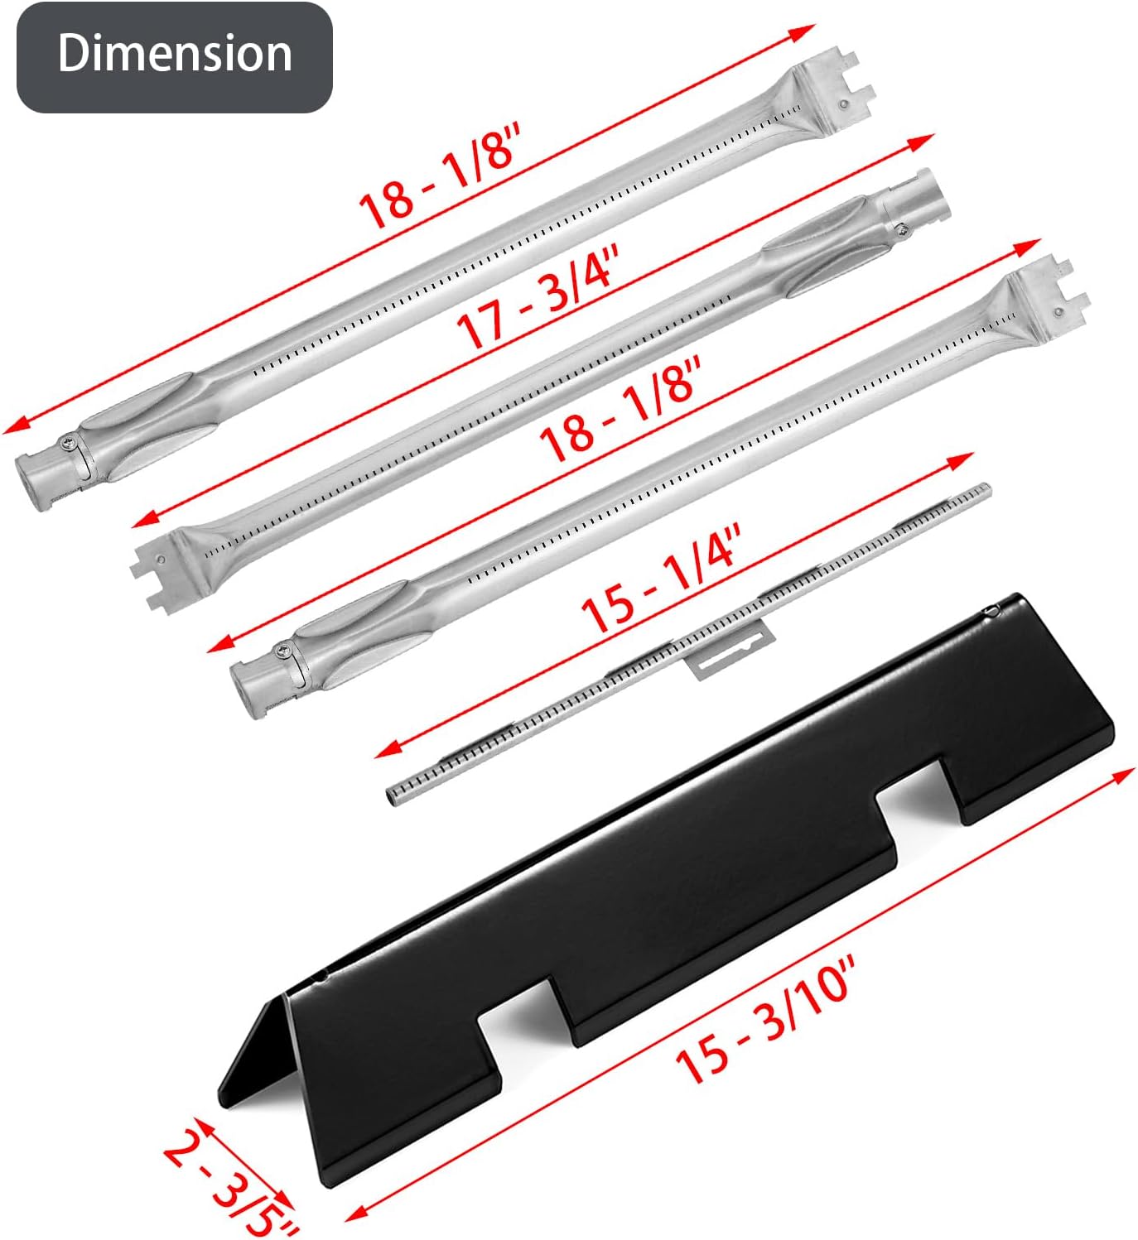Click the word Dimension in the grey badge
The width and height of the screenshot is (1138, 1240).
175,54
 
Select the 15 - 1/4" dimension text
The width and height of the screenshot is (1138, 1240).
661,579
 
